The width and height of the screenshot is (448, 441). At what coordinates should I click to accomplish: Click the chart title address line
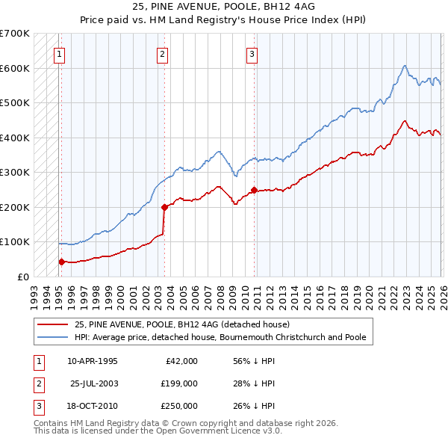[224, 7]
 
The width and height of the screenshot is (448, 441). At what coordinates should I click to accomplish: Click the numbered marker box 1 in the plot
[59, 53]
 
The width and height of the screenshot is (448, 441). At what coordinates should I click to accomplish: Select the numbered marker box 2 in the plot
[162, 53]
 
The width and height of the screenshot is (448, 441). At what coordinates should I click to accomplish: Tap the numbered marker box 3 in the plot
[252, 53]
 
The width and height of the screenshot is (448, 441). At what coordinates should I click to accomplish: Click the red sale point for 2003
[164, 207]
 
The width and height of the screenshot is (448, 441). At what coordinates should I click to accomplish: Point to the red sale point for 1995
[61, 262]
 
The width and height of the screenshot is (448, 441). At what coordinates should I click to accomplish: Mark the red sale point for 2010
[254, 190]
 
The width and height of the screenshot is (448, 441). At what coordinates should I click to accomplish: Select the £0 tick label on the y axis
[22, 277]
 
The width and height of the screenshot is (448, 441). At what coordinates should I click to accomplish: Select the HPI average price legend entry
[220, 337]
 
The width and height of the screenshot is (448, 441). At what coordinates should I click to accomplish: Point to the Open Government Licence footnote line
[158, 431]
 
